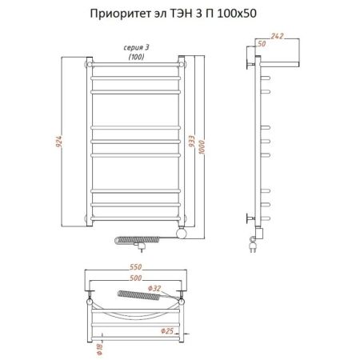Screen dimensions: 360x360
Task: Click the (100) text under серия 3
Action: (x=134, y=58)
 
